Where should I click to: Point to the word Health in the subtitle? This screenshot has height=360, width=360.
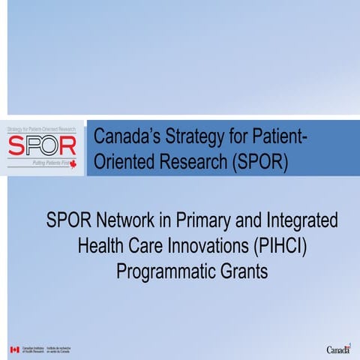[101, 245]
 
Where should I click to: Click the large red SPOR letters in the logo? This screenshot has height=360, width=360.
[41, 145]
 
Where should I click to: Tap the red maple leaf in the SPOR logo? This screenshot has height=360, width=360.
[73, 162]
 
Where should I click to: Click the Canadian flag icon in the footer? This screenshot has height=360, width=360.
[14, 349]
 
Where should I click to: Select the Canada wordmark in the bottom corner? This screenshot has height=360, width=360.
[339, 349]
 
